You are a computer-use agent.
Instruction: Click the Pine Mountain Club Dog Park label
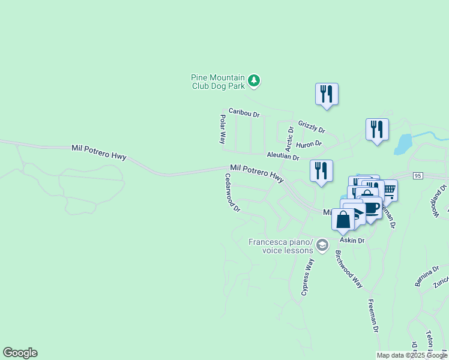(218, 82)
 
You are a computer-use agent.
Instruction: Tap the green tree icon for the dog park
(254, 81)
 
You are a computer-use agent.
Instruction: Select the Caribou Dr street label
(244, 112)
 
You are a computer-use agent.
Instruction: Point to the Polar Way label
(222, 129)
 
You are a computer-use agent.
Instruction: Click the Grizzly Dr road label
(311, 126)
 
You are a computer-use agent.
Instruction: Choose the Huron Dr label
(309, 144)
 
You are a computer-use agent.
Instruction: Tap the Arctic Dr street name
(289, 138)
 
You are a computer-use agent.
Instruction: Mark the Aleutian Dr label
(283, 155)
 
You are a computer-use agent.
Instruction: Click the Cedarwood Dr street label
(232, 193)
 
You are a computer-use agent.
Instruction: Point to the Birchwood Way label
(349, 269)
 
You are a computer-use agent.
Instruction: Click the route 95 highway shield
(418, 176)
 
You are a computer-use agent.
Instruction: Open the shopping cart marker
(388, 190)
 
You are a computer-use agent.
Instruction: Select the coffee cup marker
(371, 208)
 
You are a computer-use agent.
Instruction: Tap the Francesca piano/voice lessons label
(281, 246)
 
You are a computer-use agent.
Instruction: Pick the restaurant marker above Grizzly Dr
(327, 94)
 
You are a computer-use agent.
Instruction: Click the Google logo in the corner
(20, 353)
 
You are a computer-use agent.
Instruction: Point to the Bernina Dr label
(423, 277)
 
